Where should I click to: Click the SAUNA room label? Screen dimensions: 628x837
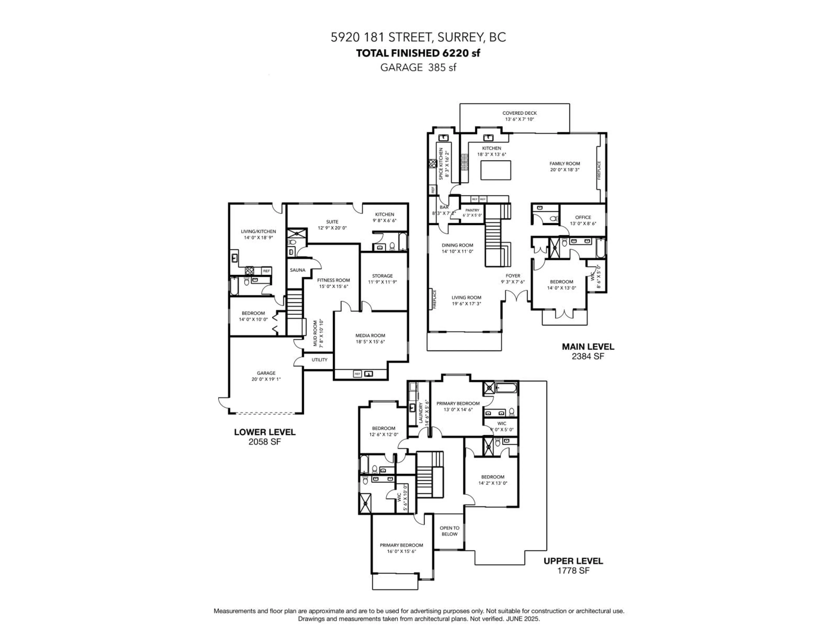point(297,270)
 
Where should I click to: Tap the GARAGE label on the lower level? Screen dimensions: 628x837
point(266,373)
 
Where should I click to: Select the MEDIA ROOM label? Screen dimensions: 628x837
point(370,335)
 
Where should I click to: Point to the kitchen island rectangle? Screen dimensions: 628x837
point(496,170)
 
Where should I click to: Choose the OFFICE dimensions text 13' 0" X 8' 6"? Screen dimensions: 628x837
point(583,223)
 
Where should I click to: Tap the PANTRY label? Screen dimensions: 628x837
point(472,210)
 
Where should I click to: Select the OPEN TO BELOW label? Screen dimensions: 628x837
point(449,531)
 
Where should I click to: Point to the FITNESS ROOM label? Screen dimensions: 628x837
point(333,280)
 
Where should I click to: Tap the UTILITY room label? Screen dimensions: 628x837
point(319,360)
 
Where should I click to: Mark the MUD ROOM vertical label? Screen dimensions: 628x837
point(315,333)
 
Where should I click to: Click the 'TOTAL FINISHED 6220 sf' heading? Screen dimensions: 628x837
point(418,53)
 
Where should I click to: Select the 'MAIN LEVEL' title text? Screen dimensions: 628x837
point(588,346)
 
